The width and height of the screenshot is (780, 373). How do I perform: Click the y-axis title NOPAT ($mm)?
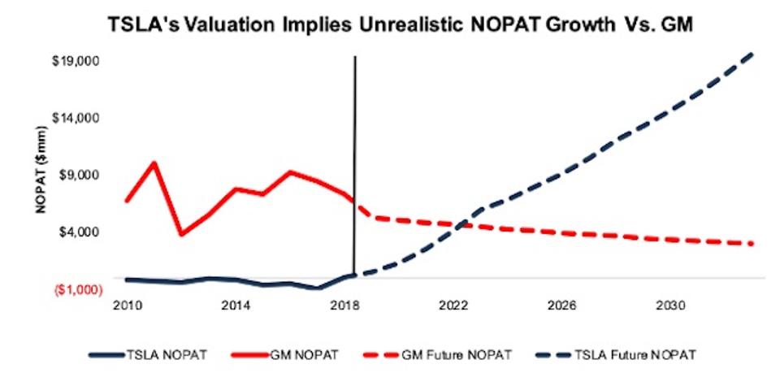click(41, 176)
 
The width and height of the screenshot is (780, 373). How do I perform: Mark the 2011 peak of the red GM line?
click(154, 163)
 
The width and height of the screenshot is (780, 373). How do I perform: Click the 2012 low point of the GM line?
click(181, 235)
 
